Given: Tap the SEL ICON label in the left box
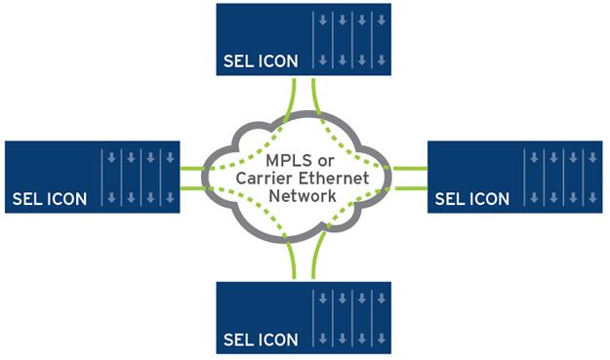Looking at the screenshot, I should click(x=49, y=199).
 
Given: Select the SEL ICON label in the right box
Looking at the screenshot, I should click(x=471, y=199).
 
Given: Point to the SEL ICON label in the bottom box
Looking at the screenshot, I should click(x=260, y=340).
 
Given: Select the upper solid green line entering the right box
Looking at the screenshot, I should click(x=415, y=168).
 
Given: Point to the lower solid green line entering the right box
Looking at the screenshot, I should click(x=415, y=187).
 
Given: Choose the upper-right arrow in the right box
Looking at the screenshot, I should click(x=590, y=157).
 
